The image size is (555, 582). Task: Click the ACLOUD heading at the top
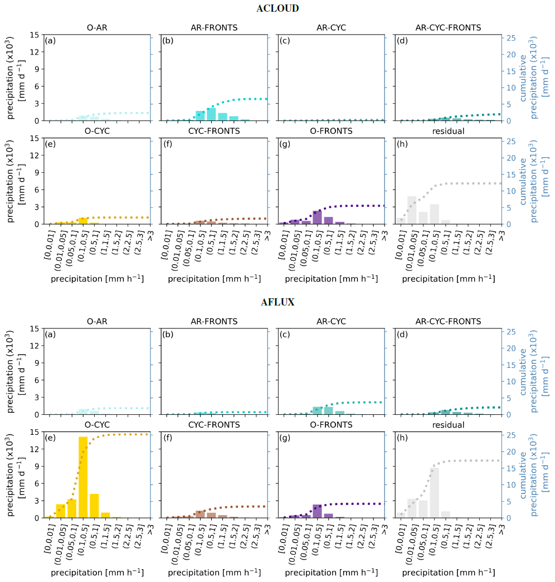pyautogui.click(x=277, y=8)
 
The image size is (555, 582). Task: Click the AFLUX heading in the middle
pyautogui.click(x=277, y=302)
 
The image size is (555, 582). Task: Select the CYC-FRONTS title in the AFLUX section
pyautogui.click(x=214, y=425)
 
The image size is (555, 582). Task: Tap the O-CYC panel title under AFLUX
pyautogui.click(x=97, y=425)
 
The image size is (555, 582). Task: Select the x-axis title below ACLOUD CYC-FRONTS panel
pyautogui.click(x=214, y=277)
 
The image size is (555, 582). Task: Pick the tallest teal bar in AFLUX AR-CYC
pyautogui.click(x=317, y=410)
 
